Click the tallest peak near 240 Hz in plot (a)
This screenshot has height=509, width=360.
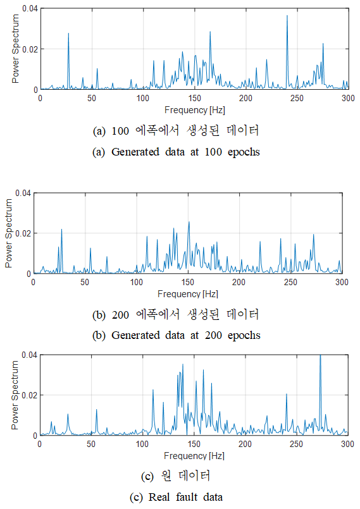click(x=287, y=16)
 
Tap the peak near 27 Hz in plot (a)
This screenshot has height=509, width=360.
click(x=68, y=33)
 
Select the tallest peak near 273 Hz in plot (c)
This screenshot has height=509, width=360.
click(x=320, y=355)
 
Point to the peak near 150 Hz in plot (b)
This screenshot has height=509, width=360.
click(x=189, y=222)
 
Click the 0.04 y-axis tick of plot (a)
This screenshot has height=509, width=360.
click(x=30, y=8)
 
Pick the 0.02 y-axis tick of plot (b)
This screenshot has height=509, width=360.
click(x=23, y=233)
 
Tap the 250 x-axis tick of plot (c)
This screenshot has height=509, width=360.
click(x=296, y=444)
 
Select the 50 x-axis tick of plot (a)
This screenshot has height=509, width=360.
click(x=92, y=98)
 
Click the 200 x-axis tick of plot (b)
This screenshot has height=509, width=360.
click(x=239, y=282)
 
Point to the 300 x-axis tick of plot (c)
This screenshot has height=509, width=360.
click(x=347, y=444)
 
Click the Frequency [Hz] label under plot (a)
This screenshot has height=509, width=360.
click(x=194, y=110)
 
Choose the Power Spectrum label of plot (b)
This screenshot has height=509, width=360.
click(x=9, y=233)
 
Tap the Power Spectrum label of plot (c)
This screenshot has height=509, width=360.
click(x=15, y=395)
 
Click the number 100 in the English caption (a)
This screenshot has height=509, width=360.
click(x=213, y=152)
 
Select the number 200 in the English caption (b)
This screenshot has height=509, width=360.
click(x=213, y=335)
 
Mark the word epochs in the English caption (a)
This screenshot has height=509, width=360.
click(x=244, y=152)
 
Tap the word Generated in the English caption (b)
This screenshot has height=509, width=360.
click(x=135, y=335)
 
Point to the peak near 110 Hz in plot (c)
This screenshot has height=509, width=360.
click(x=152, y=390)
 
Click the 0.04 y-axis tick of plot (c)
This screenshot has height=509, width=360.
click(x=29, y=355)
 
